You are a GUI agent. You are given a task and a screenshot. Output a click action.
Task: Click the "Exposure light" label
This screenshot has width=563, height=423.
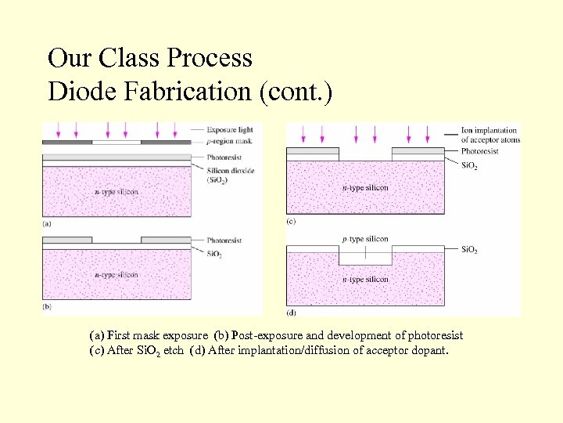pyautogui.click(x=230, y=129)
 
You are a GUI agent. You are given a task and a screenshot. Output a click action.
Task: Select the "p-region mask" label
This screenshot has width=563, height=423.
pyautogui.click(x=231, y=141)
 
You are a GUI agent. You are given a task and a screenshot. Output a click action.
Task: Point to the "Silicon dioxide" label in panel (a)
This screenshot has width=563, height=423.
pyautogui.click(x=231, y=171)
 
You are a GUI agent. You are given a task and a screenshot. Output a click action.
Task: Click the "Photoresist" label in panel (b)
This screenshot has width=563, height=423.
pyautogui.click(x=224, y=240)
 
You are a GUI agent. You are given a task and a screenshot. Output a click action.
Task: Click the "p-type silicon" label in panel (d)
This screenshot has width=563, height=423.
pyautogui.click(x=365, y=239)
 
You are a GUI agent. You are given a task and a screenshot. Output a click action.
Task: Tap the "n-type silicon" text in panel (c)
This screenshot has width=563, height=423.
pyautogui.click(x=365, y=188)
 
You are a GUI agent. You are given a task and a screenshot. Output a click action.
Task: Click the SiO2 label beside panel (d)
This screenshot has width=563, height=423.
pyautogui.click(x=469, y=250)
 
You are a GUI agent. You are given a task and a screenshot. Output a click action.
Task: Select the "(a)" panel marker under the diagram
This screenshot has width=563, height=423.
pyautogui.click(x=48, y=223)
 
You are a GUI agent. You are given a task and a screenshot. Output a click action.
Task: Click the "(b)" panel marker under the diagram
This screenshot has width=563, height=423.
pyautogui.click(x=48, y=306)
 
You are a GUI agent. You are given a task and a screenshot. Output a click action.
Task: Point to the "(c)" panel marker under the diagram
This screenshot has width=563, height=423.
pyautogui.click(x=291, y=222)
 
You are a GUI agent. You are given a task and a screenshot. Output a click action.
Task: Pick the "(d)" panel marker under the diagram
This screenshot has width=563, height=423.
pyautogui.click(x=292, y=313)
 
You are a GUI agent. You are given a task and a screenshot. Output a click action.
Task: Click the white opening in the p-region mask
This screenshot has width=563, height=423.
pyautogui.click(x=117, y=142)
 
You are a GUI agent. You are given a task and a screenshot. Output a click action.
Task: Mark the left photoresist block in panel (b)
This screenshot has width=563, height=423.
pyautogui.click(x=67, y=240)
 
